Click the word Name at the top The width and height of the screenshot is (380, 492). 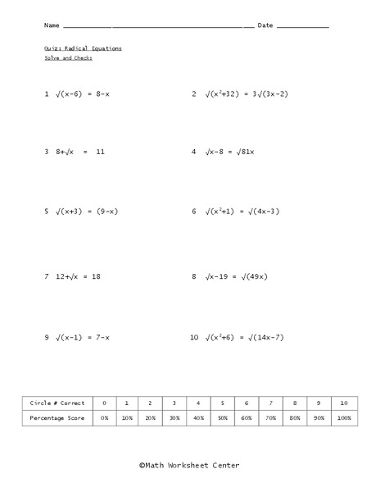pos(52,25)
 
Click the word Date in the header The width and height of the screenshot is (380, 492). pos(265,25)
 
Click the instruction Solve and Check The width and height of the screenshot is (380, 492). pos(69,58)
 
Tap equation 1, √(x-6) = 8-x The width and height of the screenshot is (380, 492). pos(82,94)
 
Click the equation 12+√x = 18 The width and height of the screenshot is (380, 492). pos(78,277)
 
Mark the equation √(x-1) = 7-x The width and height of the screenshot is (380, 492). pos(82,337)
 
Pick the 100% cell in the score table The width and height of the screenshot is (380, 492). pos(344,418)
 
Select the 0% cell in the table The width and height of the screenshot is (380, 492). pos(104,418)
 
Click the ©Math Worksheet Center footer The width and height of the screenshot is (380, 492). pos(189,464)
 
